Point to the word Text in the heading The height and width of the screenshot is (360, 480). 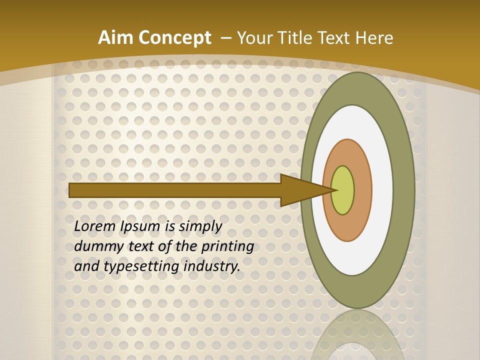tap(335, 38)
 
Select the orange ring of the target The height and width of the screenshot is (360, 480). tap(362, 190)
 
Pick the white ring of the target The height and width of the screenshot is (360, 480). tap(382, 190)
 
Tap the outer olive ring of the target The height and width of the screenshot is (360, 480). tap(404, 190)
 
